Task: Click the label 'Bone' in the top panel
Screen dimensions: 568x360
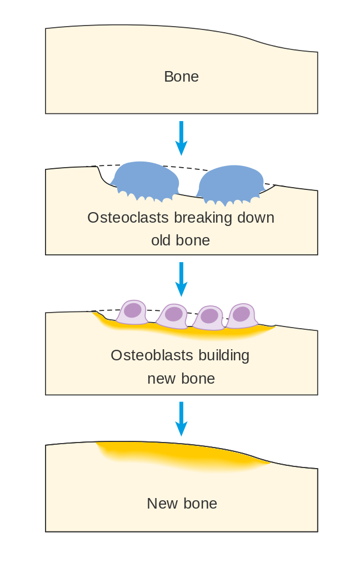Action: pyautogui.click(x=181, y=77)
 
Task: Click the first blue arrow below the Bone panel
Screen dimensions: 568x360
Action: pyautogui.click(x=181, y=138)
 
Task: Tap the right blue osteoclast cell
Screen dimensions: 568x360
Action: pyautogui.click(x=231, y=183)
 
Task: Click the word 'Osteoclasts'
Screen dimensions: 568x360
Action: pyautogui.click(x=128, y=217)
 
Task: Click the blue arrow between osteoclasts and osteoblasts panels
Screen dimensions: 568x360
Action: pyautogui.click(x=181, y=279)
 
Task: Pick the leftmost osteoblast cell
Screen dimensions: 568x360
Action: pyautogui.click(x=132, y=313)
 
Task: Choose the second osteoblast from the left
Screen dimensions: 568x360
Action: pyautogui.click(x=172, y=316)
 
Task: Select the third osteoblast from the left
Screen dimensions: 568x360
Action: pyautogui.click(x=208, y=318)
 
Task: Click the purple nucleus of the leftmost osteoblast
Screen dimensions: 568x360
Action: pyautogui.click(x=133, y=310)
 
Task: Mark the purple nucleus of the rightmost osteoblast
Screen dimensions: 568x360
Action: pyautogui.click(x=241, y=314)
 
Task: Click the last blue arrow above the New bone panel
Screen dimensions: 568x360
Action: pyautogui.click(x=181, y=418)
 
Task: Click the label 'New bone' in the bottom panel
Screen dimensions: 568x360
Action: pyautogui.click(x=182, y=504)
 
